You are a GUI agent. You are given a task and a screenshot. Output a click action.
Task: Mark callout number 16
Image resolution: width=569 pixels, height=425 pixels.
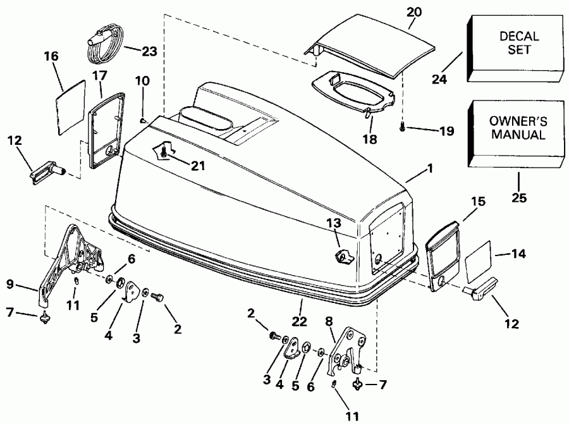coord(51,56)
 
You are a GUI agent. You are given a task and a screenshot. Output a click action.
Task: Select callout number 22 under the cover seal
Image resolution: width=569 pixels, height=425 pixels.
coord(300,322)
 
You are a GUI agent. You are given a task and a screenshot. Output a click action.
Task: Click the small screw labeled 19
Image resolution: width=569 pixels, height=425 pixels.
coord(403,129)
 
